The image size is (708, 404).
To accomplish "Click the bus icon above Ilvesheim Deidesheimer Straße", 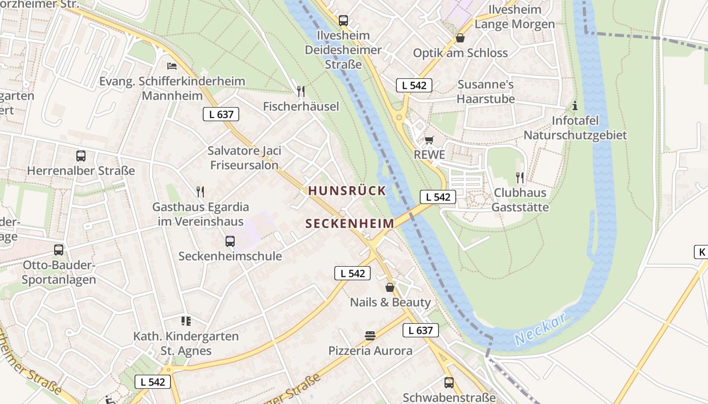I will (x=343, y=21).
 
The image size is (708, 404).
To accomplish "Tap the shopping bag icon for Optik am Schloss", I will (x=460, y=38).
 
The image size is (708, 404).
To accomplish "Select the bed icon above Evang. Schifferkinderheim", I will (x=172, y=66).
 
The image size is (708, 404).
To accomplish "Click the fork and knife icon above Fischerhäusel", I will (x=301, y=91).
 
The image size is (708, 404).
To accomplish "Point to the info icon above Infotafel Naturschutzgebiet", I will (x=574, y=106).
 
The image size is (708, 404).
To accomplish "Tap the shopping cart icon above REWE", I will (x=429, y=140).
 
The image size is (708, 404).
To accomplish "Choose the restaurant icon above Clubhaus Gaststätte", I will (x=520, y=177).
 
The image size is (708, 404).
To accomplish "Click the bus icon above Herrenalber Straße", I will (x=81, y=156).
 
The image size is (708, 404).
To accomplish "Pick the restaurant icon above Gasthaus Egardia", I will (x=200, y=192).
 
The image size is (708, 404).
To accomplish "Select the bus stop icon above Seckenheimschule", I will (x=230, y=241).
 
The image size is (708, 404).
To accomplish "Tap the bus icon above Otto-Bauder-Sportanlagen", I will (x=59, y=249).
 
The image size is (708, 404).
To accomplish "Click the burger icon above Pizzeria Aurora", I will (x=370, y=336).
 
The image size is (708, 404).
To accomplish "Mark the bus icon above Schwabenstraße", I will (x=449, y=383).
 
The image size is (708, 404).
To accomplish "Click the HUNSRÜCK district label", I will (x=347, y=191).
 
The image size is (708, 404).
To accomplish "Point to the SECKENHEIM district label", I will (x=350, y=224).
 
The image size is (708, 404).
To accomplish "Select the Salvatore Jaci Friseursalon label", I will (x=244, y=158).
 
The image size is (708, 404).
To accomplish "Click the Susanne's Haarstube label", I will (x=485, y=91).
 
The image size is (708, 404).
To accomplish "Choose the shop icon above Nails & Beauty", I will (x=390, y=287).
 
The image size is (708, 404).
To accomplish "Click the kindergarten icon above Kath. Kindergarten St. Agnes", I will (x=186, y=321).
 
